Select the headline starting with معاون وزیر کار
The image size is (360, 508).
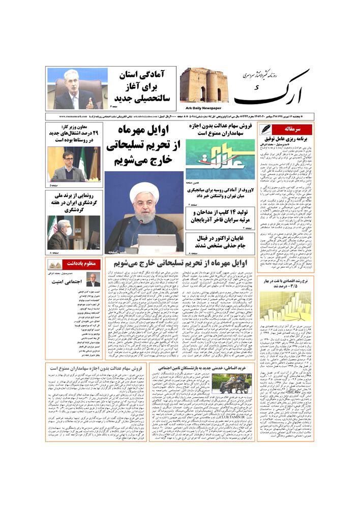pos(75,133)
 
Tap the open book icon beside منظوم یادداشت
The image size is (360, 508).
pos(55,264)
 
